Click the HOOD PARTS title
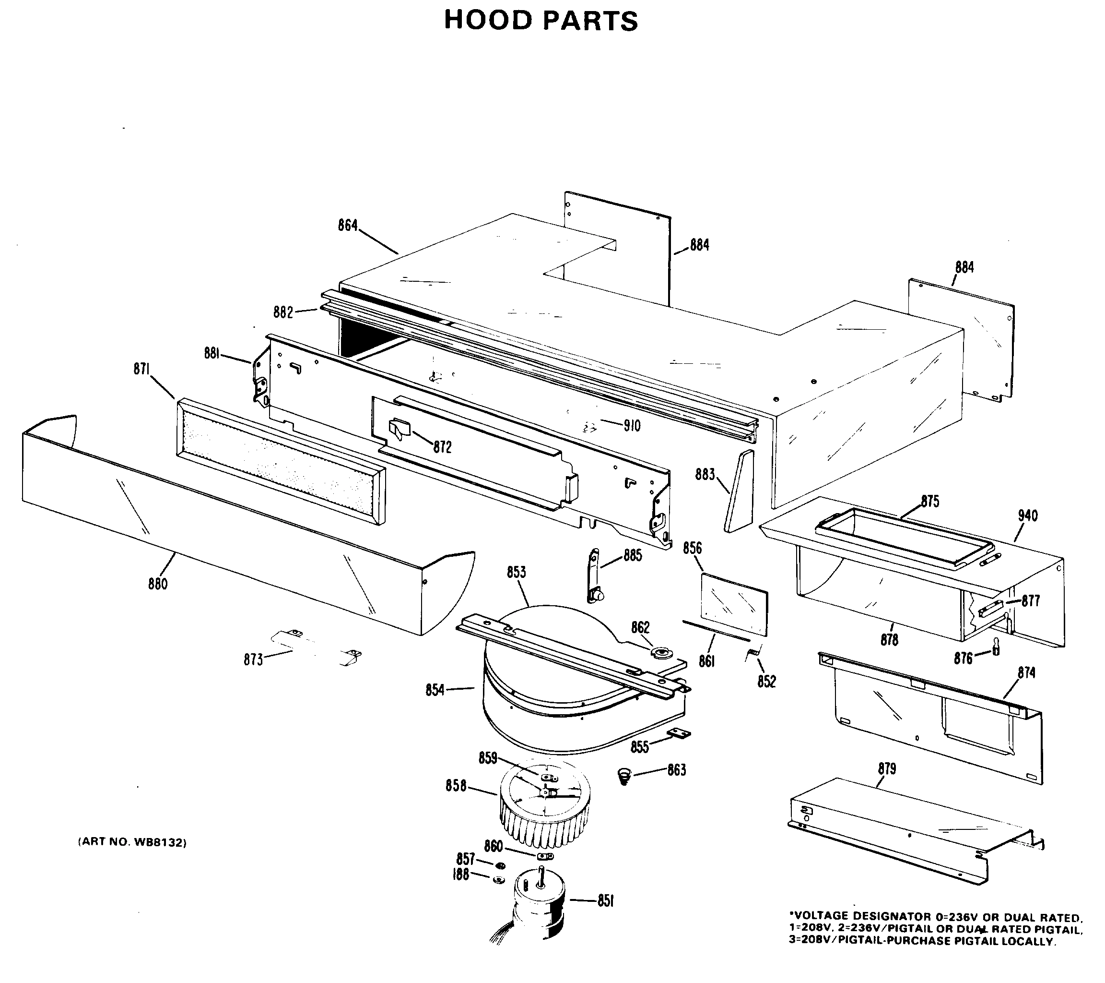point(541,21)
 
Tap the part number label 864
point(348,225)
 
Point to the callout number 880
point(158,584)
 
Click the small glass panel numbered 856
point(734,604)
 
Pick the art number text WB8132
point(132,842)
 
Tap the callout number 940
point(1027,515)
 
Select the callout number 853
point(516,572)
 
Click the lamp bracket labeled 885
point(595,575)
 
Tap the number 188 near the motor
point(460,875)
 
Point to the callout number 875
point(930,502)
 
